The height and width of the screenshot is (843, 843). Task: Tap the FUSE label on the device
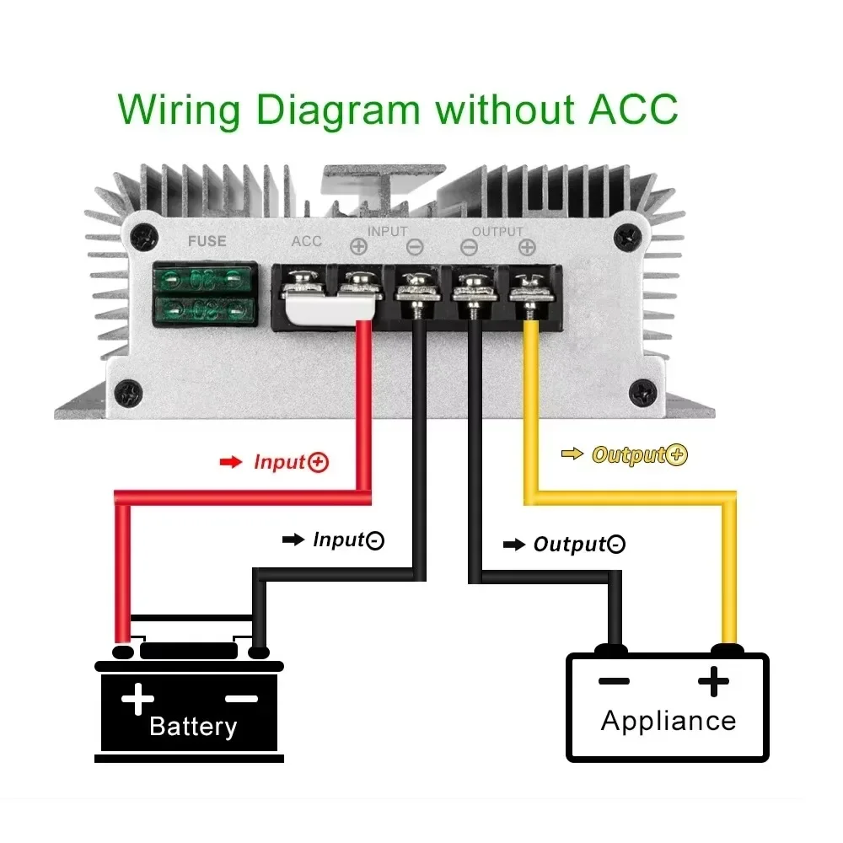(x=207, y=241)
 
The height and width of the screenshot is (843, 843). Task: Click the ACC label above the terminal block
(x=307, y=241)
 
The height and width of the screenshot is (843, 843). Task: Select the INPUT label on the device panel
(x=387, y=231)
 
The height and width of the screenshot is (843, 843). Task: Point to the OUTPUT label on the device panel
(x=497, y=231)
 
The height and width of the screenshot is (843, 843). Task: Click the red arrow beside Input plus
(x=230, y=463)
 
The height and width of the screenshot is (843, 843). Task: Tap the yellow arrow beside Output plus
(x=572, y=454)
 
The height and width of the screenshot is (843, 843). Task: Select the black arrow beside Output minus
(x=513, y=545)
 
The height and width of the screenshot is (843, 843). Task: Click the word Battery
(x=193, y=726)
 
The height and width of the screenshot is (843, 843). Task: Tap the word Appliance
(x=668, y=721)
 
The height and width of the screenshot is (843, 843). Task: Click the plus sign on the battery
(x=137, y=699)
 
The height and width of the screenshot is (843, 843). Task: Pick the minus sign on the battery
(x=242, y=698)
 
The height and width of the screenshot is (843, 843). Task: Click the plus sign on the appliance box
(x=713, y=681)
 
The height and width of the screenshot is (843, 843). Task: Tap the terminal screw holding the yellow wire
(x=529, y=287)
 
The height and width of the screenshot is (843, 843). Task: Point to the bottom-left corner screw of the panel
(x=128, y=391)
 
